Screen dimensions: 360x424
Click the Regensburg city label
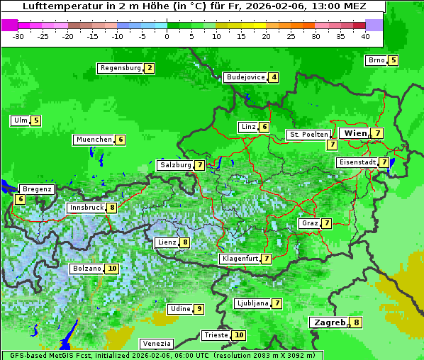[120, 68]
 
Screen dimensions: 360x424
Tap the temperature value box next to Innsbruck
[112, 208]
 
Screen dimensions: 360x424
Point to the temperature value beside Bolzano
[112, 269]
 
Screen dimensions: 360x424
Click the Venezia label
[156, 344]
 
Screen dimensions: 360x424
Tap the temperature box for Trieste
[240, 335]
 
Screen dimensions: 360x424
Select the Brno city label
[376, 60]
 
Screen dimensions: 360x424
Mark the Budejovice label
[245, 77]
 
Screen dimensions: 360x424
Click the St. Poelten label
[308, 134]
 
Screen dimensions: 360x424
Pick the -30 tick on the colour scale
[18, 36]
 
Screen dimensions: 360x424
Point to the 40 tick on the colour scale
[365, 36]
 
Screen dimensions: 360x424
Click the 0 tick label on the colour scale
[167, 36]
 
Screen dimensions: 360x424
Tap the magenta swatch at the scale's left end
[9, 25]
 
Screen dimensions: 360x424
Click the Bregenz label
[37, 189]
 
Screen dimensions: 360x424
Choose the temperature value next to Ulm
[36, 120]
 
